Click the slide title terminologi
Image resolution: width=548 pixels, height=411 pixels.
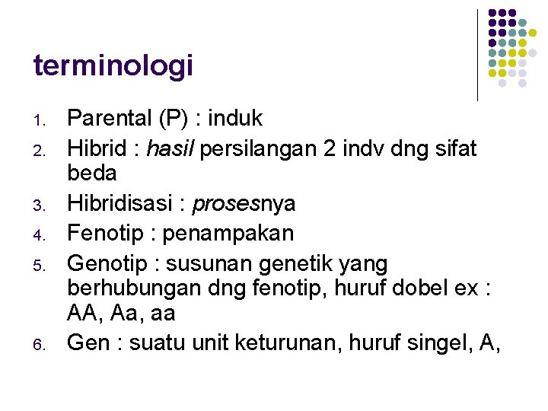[113, 66]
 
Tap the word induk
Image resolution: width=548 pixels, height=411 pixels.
[236, 119]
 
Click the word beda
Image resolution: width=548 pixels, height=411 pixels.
[92, 173]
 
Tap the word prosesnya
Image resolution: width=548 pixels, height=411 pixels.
[244, 204]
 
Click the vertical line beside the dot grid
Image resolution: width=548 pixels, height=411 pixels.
[477, 55]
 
